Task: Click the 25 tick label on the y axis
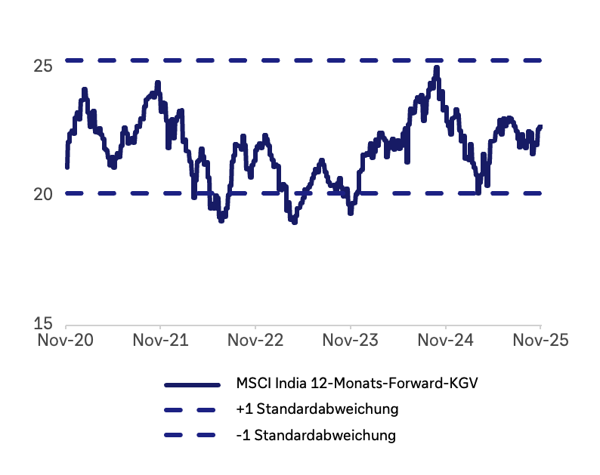pyautogui.click(x=43, y=66)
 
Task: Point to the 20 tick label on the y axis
pyautogui.click(x=43, y=194)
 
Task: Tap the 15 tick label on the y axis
pyautogui.click(x=43, y=323)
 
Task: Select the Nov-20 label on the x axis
pyautogui.click(x=66, y=341)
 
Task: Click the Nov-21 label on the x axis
pyautogui.click(x=161, y=341)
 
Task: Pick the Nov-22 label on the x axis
pyautogui.click(x=256, y=341)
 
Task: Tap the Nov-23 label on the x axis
pyautogui.click(x=351, y=341)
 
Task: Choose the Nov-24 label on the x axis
pyautogui.click(x=446, y=341)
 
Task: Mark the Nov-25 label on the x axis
pyautogui.click(x=540, y=341)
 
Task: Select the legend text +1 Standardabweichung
pyautogui.click(x=317, y=409)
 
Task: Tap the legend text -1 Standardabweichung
pyautogui.click(x=315, y=435)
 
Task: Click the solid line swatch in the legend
pyautogui.click(x=192, y=384)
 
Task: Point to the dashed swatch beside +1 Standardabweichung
pyautogui.click(x=192, y=409)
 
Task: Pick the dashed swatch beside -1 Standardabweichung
pyautogui.click(x=192, y=435)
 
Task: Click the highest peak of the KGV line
pyautogui.click(x=437, y=68)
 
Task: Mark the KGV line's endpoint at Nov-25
pyautogui.click(x=540, y=126)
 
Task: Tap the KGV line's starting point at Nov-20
pyautogui.click(x=67, y=167)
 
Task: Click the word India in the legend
pyautogui.click(x=285, y=384)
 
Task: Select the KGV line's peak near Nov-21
pyautogui.click(x=158, y=82)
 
